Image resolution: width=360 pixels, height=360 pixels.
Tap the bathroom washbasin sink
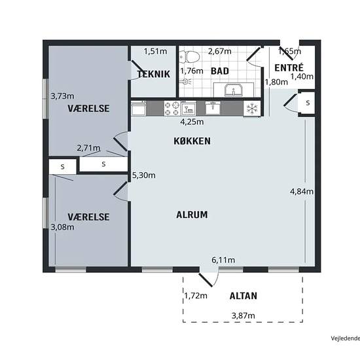coord(233,90)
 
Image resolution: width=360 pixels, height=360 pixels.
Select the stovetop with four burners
coord(172,109)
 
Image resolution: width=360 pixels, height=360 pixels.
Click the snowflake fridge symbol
coord(252,109)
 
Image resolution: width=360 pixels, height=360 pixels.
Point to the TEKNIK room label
coord(154,74)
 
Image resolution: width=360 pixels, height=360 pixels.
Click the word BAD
coord(220,71)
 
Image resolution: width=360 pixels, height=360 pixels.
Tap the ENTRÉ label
coord(289,67)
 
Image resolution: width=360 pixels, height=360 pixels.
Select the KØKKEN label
coord(192,141)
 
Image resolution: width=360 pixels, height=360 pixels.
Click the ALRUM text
coord(192,215)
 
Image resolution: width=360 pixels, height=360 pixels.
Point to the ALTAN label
coord(243,296)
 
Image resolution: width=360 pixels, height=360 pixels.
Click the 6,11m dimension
coord(223,260)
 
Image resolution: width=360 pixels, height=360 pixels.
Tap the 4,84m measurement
coord(302,191)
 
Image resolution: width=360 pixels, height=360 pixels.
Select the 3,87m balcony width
coord(243,315)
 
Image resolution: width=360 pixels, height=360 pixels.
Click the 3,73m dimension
coord(62,96)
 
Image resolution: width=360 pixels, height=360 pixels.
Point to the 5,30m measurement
coord(144,175)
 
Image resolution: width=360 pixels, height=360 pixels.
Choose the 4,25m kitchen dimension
coord(192,122)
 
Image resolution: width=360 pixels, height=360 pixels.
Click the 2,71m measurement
coord(88,148)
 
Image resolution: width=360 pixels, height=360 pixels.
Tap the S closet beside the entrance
coord(308,103)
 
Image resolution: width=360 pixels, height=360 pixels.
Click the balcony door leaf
coord(206,280)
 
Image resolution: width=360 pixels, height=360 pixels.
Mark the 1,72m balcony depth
coord(196,296)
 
